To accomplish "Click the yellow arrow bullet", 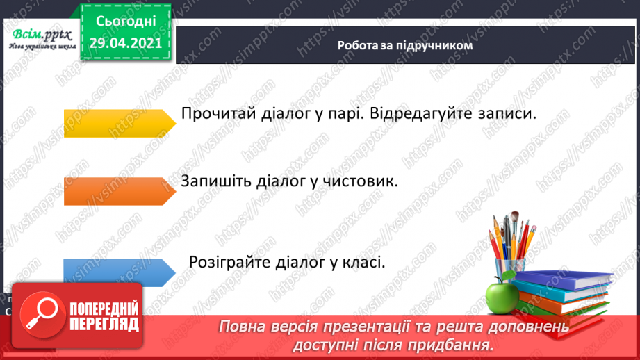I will coord(119,123).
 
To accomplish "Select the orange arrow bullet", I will coord(119,191).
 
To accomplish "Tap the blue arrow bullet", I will coord(119,272).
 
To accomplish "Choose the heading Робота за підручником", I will coord(404,46).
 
